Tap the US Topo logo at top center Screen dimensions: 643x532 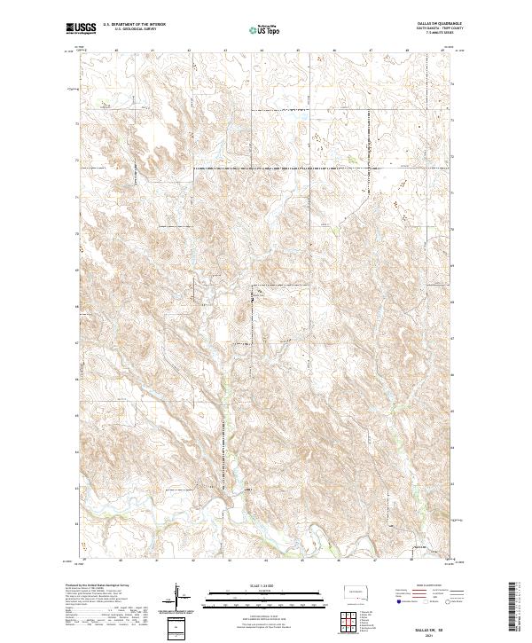pos(265,30)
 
